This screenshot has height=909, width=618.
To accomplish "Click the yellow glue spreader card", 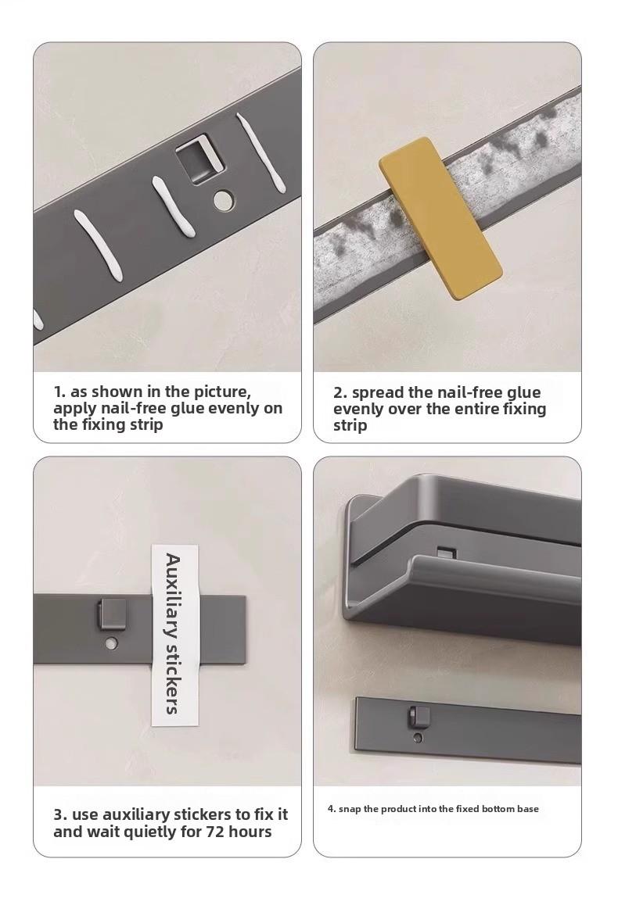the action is (x=440, y=218).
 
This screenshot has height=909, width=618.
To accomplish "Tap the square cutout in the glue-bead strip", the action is (x=199, y=158).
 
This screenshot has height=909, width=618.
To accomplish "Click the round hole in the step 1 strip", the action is (x=222, y=200).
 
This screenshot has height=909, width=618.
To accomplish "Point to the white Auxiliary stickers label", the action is (x=174, y=635).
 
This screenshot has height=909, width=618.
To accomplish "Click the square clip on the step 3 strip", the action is (x=111, y=615).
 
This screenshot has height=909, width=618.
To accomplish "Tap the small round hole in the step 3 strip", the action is (x=112, y=643).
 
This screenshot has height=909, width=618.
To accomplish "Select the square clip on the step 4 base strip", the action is (x=419, y=718).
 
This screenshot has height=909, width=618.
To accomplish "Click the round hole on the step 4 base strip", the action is (x=418, y=738).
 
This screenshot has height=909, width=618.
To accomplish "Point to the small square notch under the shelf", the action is (x=446, y=552).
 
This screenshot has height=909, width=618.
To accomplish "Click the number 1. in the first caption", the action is (x=59, y=392).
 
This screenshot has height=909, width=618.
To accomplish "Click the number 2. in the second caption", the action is (x=340, y=393).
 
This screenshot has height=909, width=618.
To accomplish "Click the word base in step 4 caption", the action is (x=528, y=809).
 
